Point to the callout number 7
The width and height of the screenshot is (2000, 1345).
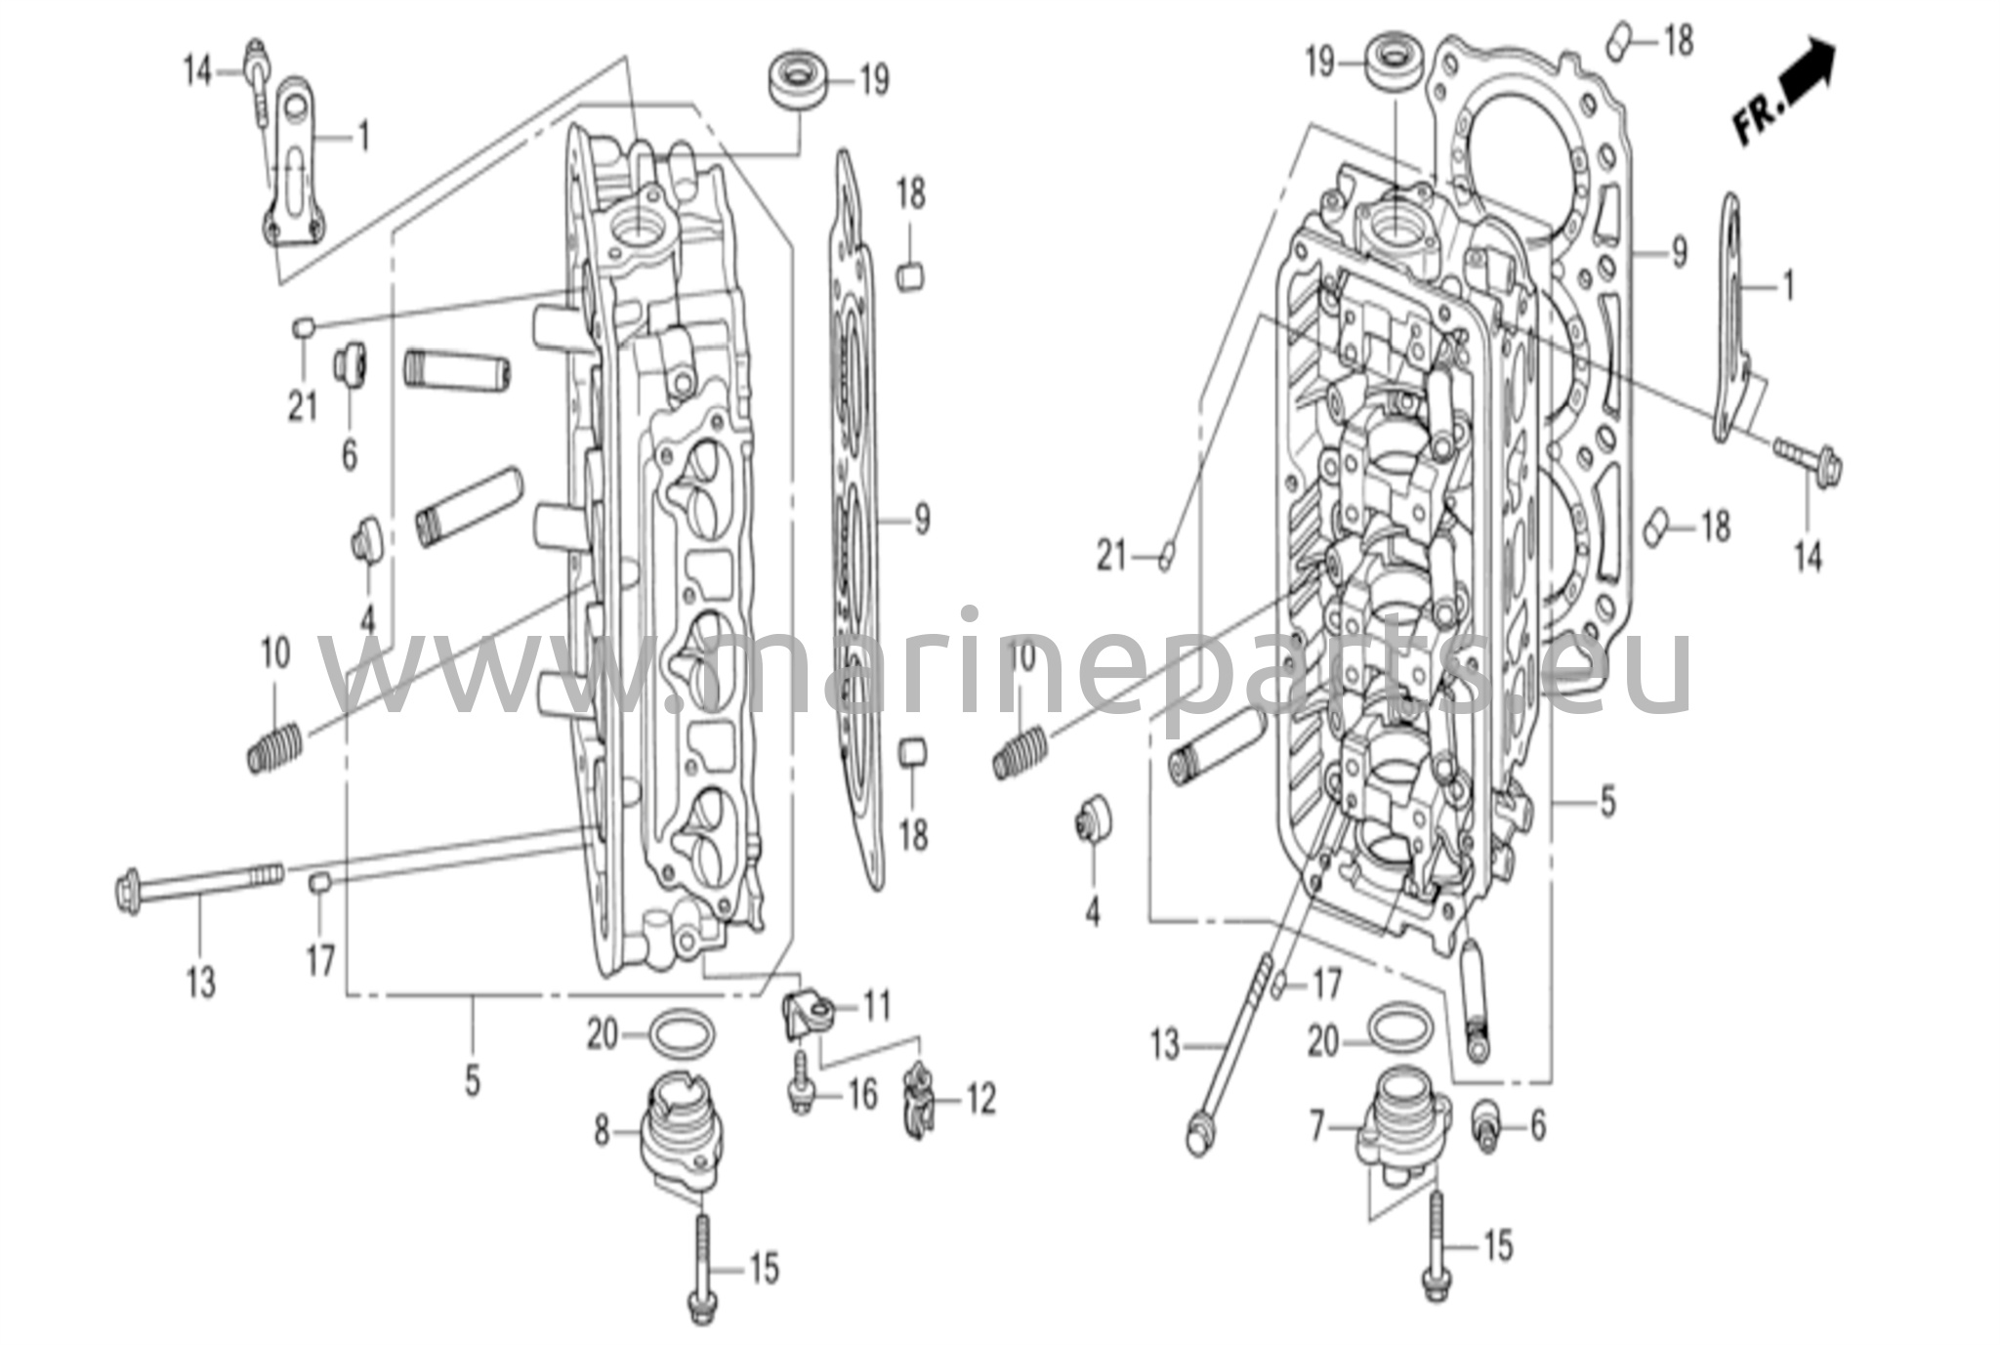[x=1317, y=1129]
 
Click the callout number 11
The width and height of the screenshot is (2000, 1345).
[x=876, y=1005]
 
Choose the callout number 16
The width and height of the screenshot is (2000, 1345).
[x=862, y=1095]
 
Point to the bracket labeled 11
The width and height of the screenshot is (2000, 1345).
[x=807, y=1016]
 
